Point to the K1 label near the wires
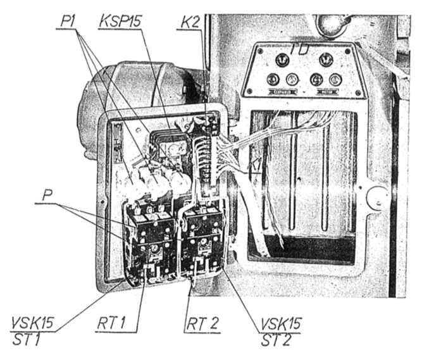click(256, 166)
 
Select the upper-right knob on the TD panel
click(326, 62)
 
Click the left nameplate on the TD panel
click(282, 93)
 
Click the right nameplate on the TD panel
click(326, 93)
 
